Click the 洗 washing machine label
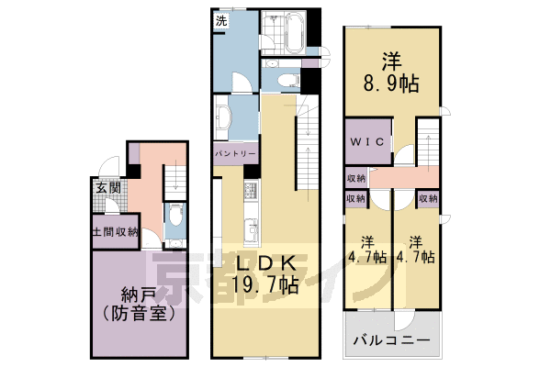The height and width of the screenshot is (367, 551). (x=221, y=20)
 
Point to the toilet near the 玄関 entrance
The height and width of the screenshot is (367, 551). (x=174, y=220)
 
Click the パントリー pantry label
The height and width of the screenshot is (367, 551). (x=235, y=155)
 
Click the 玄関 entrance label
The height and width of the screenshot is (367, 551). (x=107, y=188)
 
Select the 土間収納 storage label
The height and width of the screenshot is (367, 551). (x=115, y=232)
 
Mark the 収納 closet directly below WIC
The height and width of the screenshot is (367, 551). (x=356, y=177)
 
